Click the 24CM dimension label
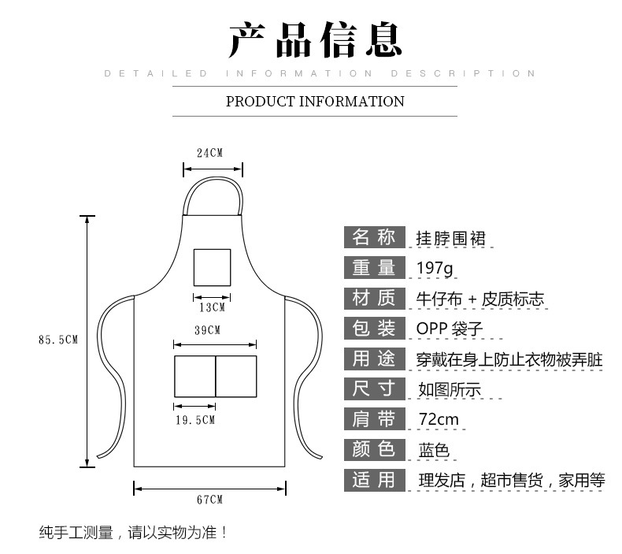(x=210, y=153)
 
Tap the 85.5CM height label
(x=58, y=340)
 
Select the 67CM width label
(x=210, y=500)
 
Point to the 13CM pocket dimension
(x=213, y=307)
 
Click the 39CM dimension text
(x=208, y=330)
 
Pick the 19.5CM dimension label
(x=195, y=420)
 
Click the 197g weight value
(x=435, y=269)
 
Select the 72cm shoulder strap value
(x=439, y=419)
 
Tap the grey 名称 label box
(x=375, y=237)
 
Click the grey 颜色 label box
(x=375, y=449)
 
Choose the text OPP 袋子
(x=450, y=329)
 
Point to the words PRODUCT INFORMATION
(x=315, y=102)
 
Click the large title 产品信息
(x=316, y=39)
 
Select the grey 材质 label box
(x=375, y=298)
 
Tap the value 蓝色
(x=434, y=450)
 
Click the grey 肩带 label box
(x=375, y=418)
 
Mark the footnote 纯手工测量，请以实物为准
(x=133, y=532)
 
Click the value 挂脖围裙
(x=450, y=238)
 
